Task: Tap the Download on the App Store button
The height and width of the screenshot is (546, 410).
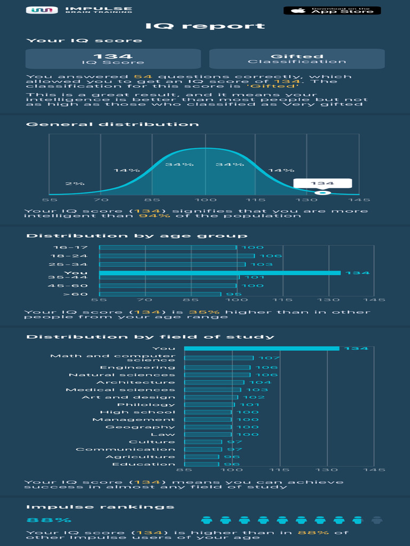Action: coord(332,10)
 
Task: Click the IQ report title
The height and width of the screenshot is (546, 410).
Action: coord(205,26)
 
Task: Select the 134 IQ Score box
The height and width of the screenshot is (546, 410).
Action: coord(113,59)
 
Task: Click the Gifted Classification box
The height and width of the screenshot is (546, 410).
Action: coord(296,59)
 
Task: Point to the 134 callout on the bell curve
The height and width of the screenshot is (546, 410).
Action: coord(322,183)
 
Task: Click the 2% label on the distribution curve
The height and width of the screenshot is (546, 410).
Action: coord(75,184)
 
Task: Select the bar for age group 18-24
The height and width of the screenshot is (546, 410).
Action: coord(177,256)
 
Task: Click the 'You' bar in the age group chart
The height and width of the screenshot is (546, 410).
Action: coord(219,273)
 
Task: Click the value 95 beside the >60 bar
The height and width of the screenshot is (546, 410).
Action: coord(230,294)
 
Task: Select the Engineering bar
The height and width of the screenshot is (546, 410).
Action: coord(217,367)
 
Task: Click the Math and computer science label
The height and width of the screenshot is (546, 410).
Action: coord(113,358)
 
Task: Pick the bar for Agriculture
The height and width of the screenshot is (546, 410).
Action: coord(201,457)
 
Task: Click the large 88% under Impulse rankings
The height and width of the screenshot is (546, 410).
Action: coord(49,520)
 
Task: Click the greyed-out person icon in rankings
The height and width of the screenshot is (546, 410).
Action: coord(377,520)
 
